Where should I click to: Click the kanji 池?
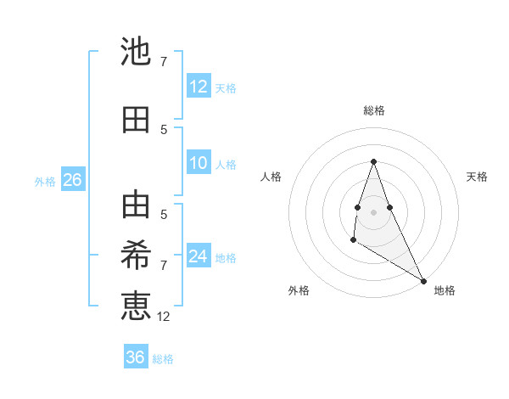137,53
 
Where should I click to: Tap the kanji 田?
137,121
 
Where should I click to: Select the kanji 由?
137,205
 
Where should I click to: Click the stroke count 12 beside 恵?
164,317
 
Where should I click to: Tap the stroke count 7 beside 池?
164,62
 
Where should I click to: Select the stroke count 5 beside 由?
164,214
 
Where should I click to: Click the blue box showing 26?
72,180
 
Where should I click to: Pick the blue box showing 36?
136,357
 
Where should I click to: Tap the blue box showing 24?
199,256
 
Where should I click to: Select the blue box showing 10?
199,163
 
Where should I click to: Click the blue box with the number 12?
199,87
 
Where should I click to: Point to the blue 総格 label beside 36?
164,359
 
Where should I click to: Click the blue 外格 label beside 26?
45,181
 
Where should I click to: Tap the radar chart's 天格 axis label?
477,177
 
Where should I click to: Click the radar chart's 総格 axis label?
374,110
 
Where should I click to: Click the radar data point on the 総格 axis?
374,161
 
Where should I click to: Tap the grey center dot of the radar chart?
374,211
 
